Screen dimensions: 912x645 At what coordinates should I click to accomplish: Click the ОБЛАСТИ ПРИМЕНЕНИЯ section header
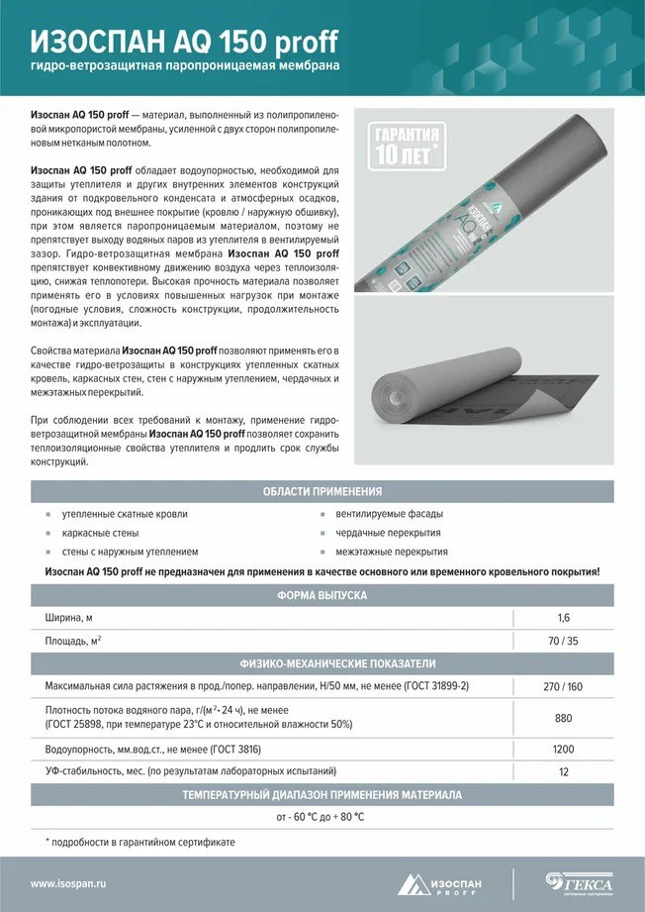click(x=322, y=491)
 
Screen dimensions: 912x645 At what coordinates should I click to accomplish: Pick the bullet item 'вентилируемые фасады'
click(x=389, y=514)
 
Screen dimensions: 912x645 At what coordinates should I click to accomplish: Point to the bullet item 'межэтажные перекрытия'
click(x=391, y=552)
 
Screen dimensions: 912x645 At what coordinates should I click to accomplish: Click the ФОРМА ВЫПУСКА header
click(x=322, y=595)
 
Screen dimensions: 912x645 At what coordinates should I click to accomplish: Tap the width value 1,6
click(x=564, y=618)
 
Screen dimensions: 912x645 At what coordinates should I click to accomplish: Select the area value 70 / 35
click(x=564, y=641)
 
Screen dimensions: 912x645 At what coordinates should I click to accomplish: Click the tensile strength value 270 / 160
click(x=564, y=685)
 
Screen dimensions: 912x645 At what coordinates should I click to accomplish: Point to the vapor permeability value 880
click(x=564, y=718)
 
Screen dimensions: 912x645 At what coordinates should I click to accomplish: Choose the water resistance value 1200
click(x=564, y=750)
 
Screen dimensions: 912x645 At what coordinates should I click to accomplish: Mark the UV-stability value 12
click(x=564, y=771)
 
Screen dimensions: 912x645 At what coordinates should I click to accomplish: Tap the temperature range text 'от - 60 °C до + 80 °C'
click(x=321, y=817)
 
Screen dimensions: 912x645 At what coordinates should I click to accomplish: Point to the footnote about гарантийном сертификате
click(x=140, y=842)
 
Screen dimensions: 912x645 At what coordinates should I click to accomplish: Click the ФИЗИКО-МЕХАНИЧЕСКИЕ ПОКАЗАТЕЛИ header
click(x=322, y=663)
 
